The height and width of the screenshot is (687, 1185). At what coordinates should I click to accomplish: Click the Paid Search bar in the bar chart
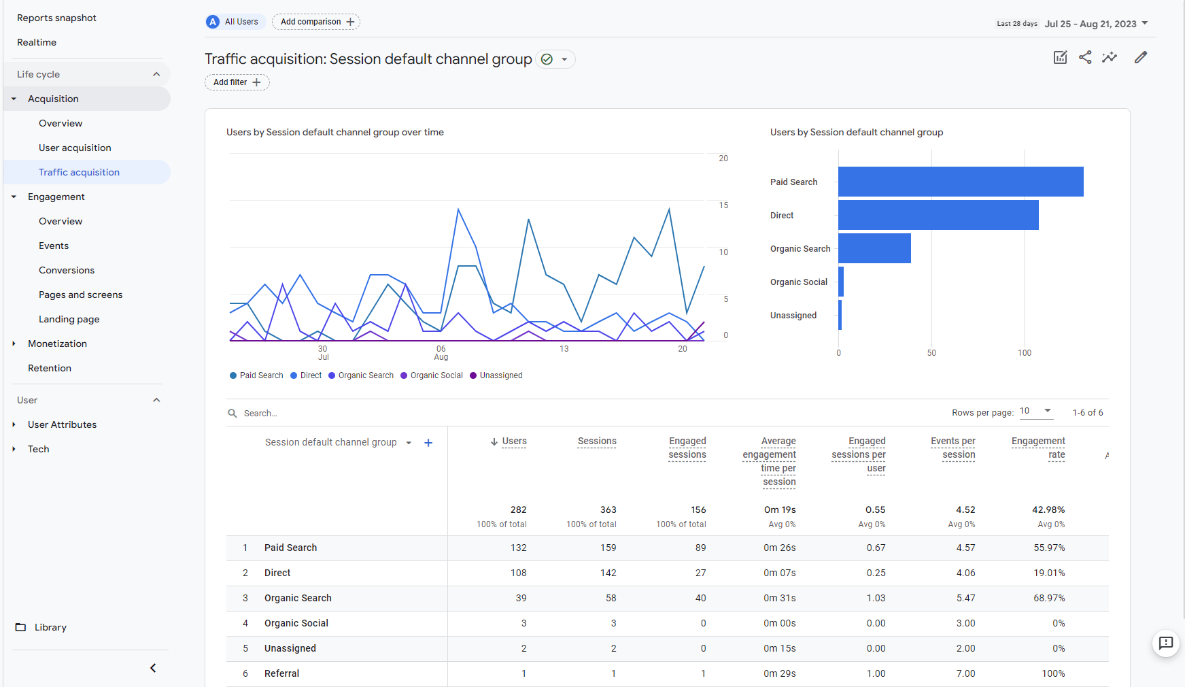pos(961,182)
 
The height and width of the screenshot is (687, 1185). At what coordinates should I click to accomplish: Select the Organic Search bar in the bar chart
pos(874,248)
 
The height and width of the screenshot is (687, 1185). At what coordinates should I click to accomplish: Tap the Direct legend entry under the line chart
pos(306,375)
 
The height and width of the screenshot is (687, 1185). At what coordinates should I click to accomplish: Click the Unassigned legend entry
pos(496,375)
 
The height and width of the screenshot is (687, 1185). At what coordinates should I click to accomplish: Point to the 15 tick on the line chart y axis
pos(723,205)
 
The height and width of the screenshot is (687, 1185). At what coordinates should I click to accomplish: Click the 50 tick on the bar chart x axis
pos(931,353)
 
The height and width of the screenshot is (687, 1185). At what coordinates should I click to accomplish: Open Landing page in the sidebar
pos(69,319)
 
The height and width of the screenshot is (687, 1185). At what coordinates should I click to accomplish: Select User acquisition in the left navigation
pos(75,148)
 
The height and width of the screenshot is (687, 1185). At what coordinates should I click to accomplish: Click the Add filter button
pos(237,82)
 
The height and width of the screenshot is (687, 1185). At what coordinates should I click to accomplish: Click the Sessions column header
pos(597,441)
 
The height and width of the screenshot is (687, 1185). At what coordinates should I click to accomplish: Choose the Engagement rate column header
pos(1038,448)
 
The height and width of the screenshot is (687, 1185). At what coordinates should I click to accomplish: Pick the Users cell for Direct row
pos(519,573)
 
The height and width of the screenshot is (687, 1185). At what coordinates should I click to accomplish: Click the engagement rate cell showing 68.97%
pos(1049,598)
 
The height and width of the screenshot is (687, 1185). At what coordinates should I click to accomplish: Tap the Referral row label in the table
pos(281,673)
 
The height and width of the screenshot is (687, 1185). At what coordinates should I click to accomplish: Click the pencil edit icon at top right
pos(1141,57)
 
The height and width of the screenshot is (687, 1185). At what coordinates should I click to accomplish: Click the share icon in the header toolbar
pos(1085,57)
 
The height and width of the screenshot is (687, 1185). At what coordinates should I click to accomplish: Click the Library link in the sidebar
pos(50,627)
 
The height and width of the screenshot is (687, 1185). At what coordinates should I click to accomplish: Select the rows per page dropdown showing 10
pos(1036,412)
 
